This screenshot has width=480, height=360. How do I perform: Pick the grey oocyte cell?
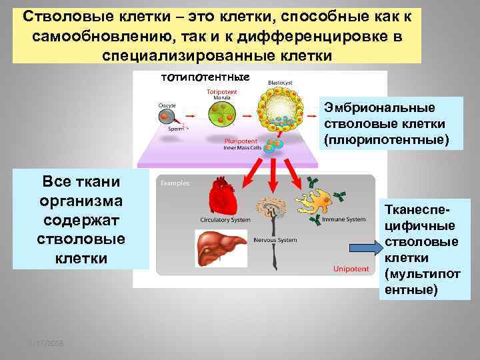166,117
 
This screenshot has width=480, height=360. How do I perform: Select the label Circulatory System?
225,219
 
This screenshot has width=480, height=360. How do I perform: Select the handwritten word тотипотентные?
205,77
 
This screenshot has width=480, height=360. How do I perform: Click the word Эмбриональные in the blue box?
380,108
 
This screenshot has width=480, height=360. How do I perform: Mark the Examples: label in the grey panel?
175,182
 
